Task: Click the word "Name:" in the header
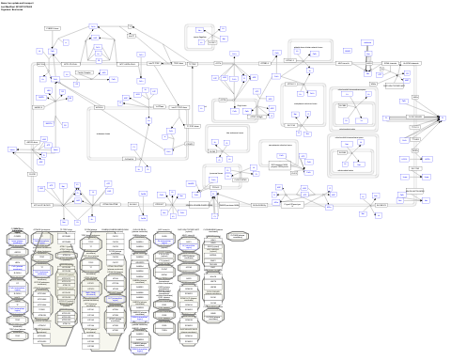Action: pos(4,2)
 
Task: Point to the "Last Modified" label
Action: pos(8,6)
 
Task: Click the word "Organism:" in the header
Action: pos(7,9)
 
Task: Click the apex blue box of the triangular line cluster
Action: pos(97,43)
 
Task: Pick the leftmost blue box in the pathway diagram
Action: pos(12,149)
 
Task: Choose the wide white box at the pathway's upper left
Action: pos(53,30)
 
